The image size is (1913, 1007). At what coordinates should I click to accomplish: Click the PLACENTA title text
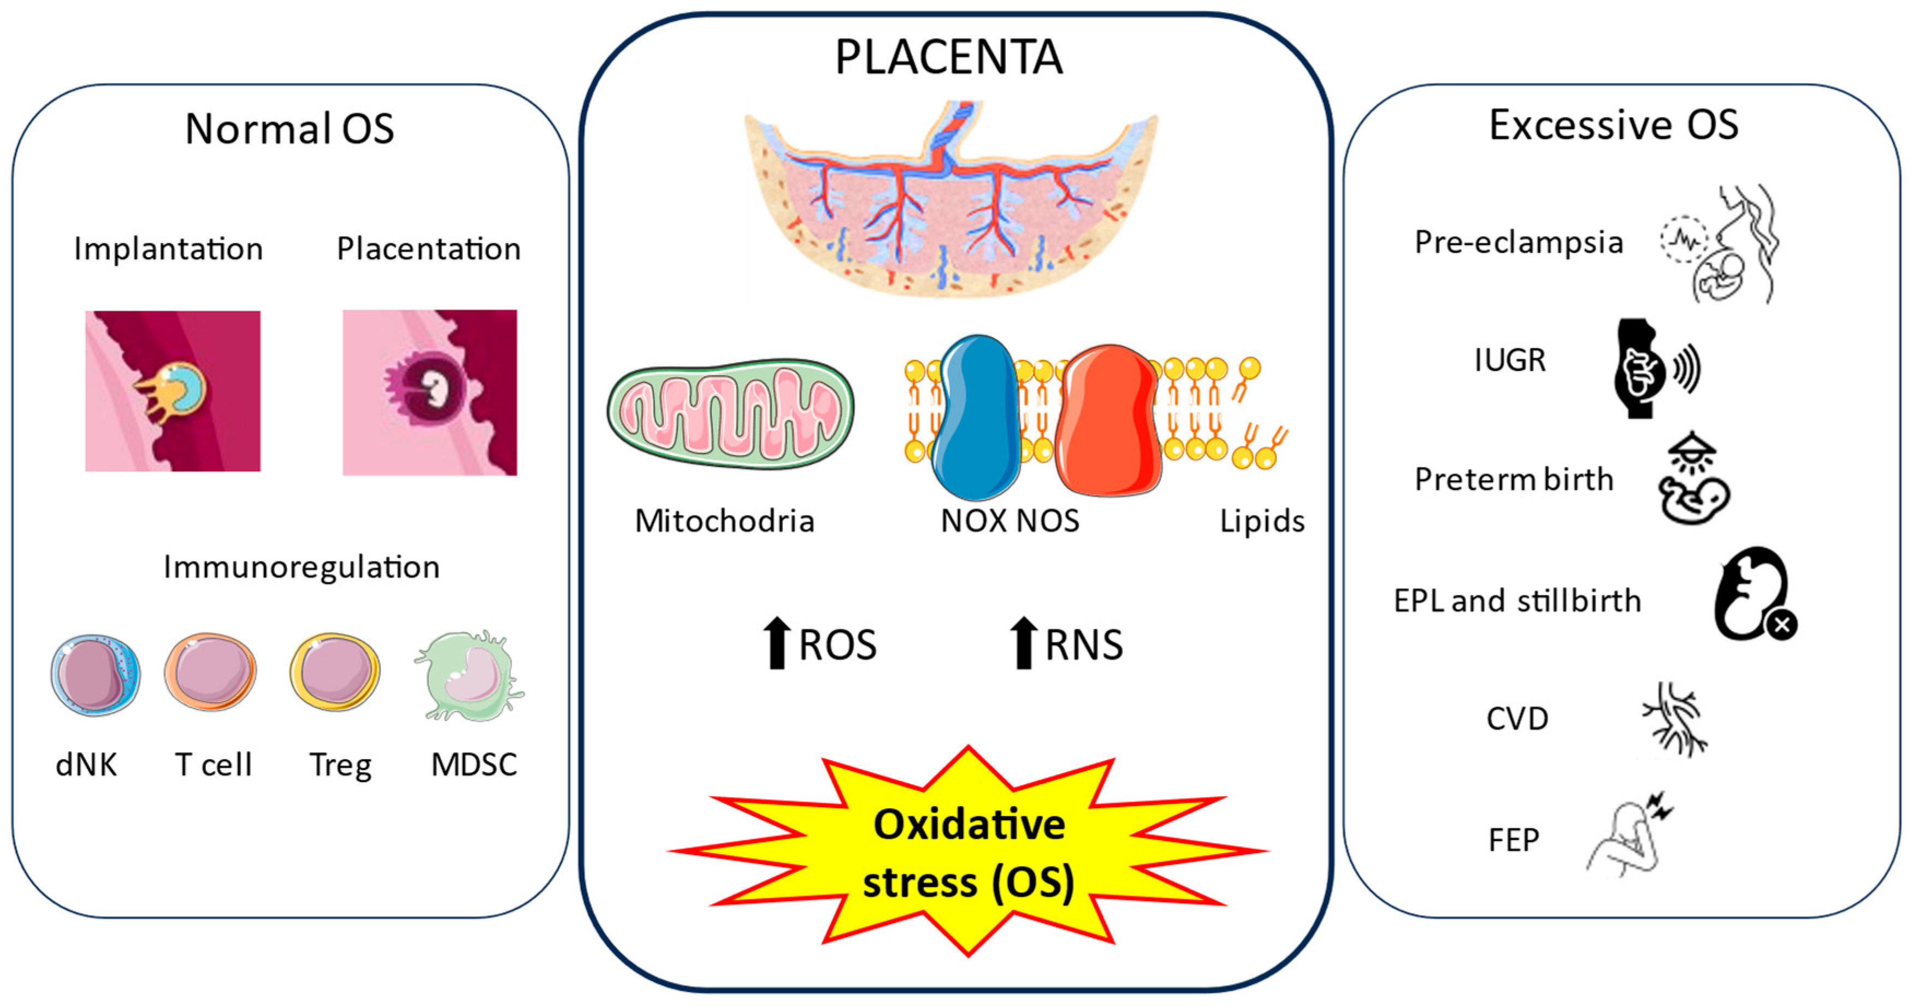click(x=948, y=57)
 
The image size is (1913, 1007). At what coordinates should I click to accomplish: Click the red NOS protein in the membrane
click(x=1107, y=419)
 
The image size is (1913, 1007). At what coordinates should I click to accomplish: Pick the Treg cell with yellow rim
click(x=335, y=672)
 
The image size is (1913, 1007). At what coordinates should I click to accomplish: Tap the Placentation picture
click(x=429, y=392)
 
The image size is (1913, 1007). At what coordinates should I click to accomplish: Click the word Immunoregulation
click(x=302, y=567)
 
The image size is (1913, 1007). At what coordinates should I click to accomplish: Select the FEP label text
click(x=1514, y=840)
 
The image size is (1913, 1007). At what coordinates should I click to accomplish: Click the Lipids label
click(x=1262, y=522)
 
